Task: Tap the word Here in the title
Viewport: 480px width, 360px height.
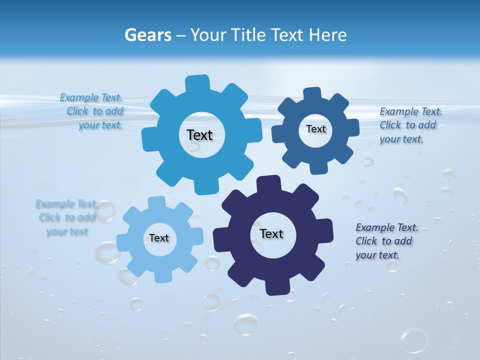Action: tap(327, 35)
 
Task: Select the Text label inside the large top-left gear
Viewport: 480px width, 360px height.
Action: tap(199, 135)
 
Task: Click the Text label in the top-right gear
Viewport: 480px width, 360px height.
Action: tap(315, 129)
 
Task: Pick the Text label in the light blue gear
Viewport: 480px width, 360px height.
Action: tap(159, 238)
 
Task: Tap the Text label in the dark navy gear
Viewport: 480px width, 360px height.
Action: tap(271, 233)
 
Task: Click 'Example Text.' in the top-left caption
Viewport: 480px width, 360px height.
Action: tap(91, 97)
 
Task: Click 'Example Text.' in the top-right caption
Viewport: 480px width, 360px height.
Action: tap(410, 111)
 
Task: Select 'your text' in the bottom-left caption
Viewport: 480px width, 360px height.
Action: tap(67, 231)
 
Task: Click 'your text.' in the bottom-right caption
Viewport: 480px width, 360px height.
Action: tap(377, 255)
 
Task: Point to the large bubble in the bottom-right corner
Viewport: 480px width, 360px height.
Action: tap(413, 340)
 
